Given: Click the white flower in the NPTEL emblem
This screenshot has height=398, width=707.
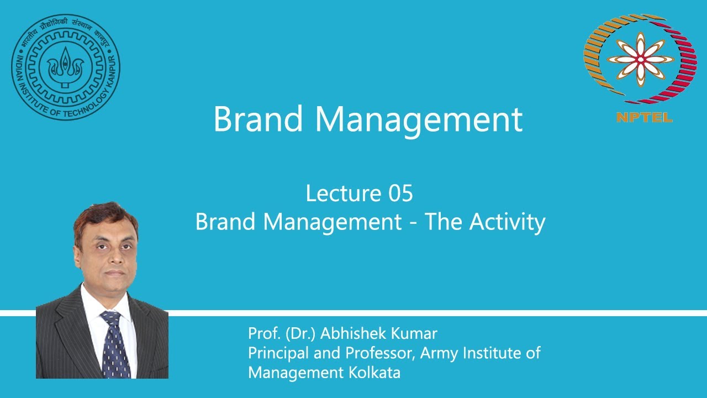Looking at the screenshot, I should pos(640,59).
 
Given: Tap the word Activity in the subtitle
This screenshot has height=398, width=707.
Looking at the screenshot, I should pos(507,222).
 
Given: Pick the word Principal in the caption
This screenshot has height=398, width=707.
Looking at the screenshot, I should pos(274,353).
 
